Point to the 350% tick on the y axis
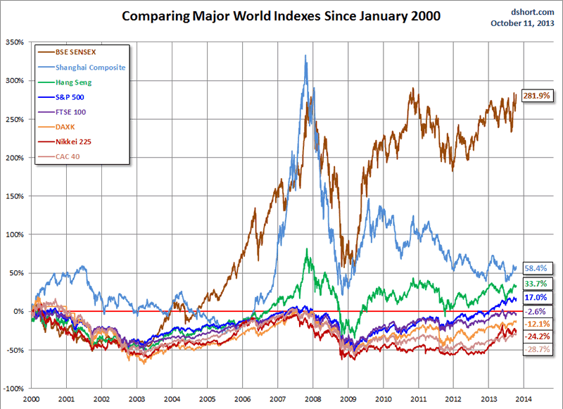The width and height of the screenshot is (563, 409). [14, 42]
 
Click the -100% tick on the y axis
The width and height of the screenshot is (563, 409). [13, 388]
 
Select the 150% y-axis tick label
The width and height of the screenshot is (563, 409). [14, 196]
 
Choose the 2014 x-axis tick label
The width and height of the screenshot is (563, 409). [525, 398]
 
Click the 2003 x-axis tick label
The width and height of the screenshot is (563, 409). [137, 398]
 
